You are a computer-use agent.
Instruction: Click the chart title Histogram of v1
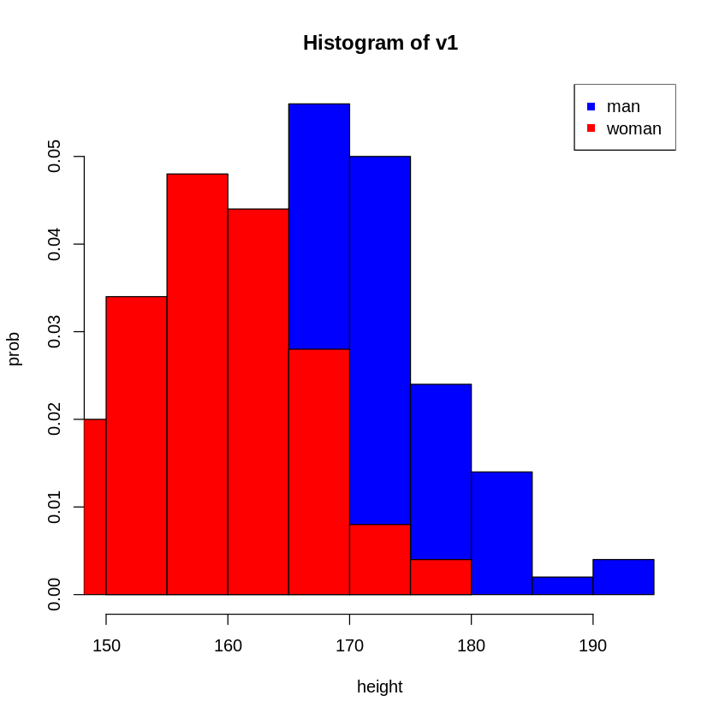(x=380, y=43)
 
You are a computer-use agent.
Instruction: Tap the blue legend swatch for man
(x=591, y=107)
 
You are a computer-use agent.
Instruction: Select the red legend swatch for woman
(x=591, y=128)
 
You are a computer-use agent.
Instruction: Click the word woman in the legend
(x=633, y=129)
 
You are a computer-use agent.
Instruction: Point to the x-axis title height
(x=379, y=686)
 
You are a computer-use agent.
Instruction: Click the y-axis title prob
(x=14, y=349)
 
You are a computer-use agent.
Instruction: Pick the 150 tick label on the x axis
(x=106, y=645)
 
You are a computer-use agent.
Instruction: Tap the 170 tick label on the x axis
(x=349, y=645)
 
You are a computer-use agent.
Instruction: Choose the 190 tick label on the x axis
(x=592, y=645)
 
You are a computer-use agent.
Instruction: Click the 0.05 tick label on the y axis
(x=54, y=157)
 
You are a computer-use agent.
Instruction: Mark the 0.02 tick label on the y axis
(x=54, y=419)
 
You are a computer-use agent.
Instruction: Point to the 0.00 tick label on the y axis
(x=54, y=594)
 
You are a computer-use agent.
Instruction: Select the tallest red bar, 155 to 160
(x=197, y=385)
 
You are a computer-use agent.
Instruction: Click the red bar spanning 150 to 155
(x=136, y=445)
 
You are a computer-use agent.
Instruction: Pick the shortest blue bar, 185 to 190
(x=562, y=586)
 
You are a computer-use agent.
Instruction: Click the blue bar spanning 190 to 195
(x=623, y=577)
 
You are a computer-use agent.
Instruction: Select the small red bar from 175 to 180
(x=441, y=577)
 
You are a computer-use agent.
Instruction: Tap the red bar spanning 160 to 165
(x=258, y=402)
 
